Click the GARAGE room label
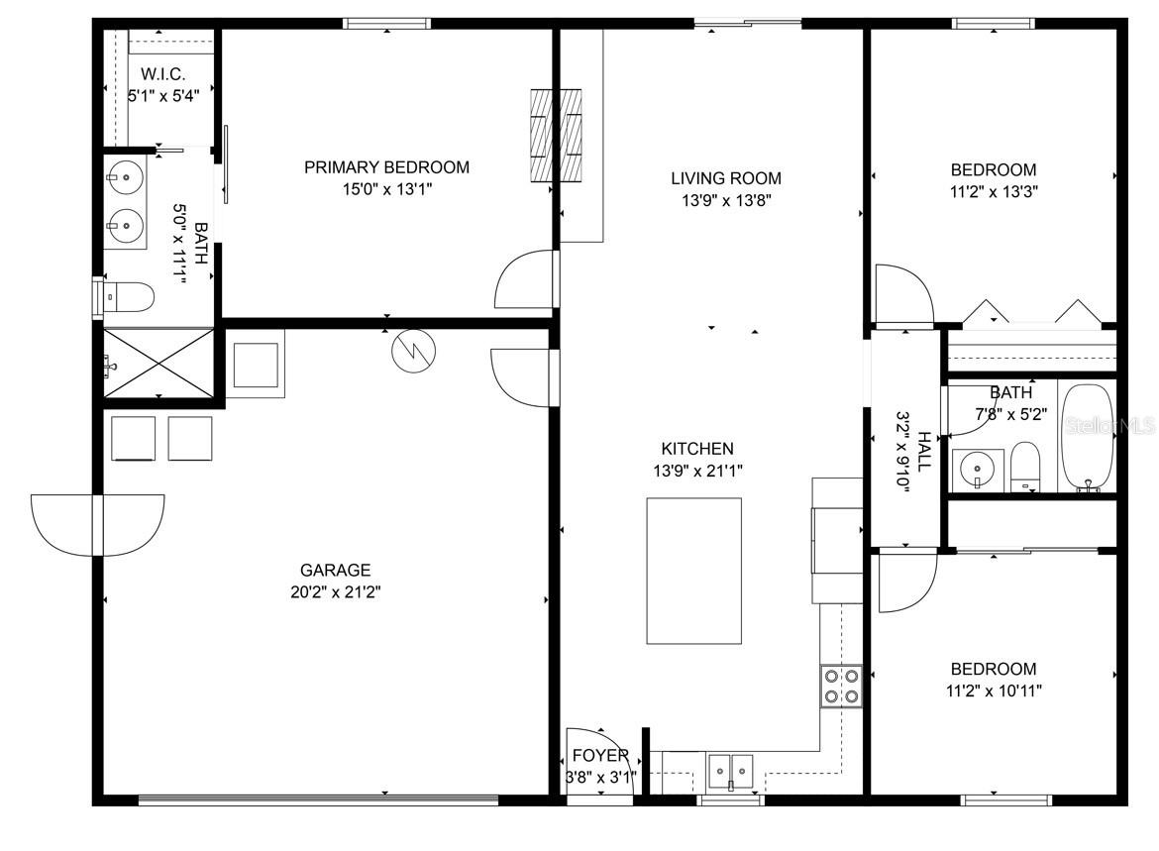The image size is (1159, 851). pos(335,570)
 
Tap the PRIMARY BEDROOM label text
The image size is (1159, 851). pos(386,167)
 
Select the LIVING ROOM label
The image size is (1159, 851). pos(726,178)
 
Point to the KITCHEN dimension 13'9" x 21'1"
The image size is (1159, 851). pos(697,471)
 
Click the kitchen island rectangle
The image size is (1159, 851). pos(694,571)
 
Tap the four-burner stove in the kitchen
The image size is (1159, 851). pos(841,687)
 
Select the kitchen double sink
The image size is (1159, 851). pos(730,771)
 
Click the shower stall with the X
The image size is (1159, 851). pos(158,363)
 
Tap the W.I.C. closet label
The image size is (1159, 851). pos(162,74)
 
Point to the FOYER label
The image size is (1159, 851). pos(600,756)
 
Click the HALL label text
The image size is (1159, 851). pos(924,452)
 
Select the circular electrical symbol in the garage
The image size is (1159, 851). pos(414,351)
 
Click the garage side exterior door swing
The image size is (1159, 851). pos(97,526)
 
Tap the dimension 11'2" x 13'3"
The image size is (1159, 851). pos(994,191)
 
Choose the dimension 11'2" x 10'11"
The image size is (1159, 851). pos(994,691)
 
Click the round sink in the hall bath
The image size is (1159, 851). pos(977,469)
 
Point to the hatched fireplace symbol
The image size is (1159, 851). pos(556,136)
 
